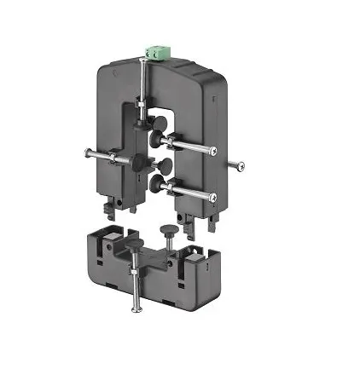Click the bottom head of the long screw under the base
pyautogui.click(x=135, y=311)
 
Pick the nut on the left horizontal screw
pyautogui.click(x=111, y=158)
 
